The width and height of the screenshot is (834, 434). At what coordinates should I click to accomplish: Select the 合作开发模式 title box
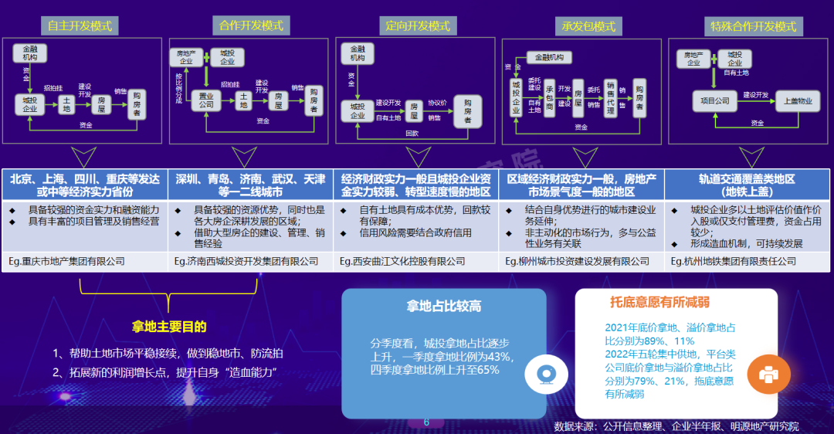[x=251, y=25]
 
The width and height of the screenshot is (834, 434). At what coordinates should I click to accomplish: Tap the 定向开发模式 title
[x=417, y=25]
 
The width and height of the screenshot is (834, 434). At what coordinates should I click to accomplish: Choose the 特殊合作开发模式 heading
[x=753, y=26]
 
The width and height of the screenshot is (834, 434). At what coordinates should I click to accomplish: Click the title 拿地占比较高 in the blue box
[x=444, y=307]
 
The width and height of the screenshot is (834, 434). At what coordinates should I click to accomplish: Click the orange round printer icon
[x=768, y=375]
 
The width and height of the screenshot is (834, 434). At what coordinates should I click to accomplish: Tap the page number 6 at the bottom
[x=425, y=422]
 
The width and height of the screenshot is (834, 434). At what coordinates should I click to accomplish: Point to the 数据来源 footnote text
[x=676, y=426]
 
